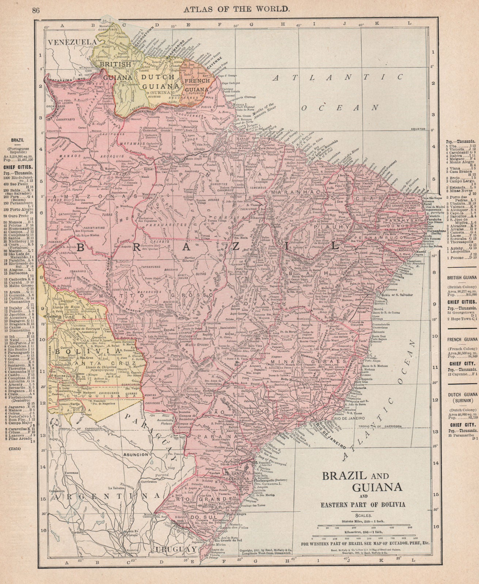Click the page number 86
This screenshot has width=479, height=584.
[36, 10]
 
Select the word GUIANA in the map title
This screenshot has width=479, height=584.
[377, 487]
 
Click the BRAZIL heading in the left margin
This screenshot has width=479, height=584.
[18, 140]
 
